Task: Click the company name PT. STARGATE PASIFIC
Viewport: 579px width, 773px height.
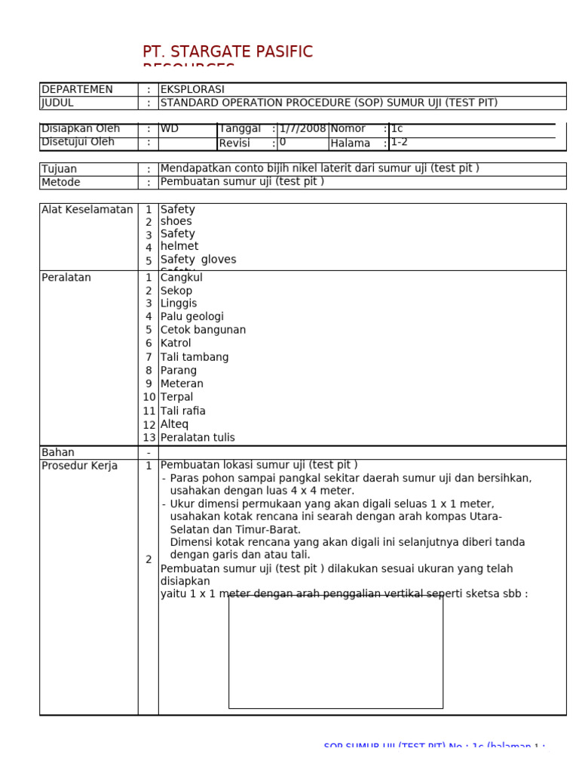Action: tap(227, 52)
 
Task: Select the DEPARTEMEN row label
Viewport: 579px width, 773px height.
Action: tap(77, 90)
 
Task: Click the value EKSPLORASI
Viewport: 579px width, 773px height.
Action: tap(192, 90)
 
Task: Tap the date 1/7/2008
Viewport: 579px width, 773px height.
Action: tap(302, 129)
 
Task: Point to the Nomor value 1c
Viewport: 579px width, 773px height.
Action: tap(397, 129)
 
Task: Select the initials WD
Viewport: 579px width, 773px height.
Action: tap(170, 129)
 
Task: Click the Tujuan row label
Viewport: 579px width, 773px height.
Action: tap(60, 169)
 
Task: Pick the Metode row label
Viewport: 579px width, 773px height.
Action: tap(61, 183)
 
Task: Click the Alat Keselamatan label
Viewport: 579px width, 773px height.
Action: tap(87, 210)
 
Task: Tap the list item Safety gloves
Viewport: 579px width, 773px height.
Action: tap(198, 260)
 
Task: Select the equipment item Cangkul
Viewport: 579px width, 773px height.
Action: tap(182, 278)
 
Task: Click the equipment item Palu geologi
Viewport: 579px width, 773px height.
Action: tap(192, 317)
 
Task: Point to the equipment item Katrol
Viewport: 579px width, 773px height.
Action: tap(176, 343)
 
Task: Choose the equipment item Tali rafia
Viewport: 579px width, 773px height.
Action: tap(183, 411)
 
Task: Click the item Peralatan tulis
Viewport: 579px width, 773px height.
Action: tap(198, 438)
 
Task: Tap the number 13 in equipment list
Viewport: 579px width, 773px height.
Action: tap(149, 438)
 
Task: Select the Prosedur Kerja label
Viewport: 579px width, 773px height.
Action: tap(80, 467)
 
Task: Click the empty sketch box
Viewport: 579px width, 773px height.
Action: tap(335, 652)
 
